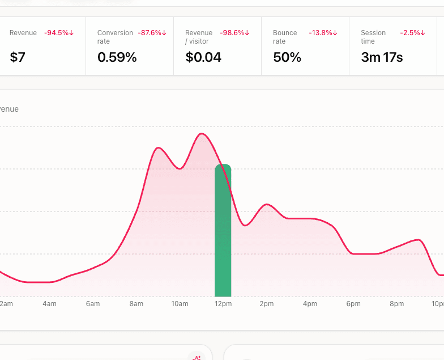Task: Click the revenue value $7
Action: click(18, 57)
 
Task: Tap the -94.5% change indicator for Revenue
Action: click(59, 33)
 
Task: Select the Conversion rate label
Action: click(115, 37)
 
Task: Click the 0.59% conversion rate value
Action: click(117, 57)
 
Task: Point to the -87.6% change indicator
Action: click(152, 33)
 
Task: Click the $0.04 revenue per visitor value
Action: click(203, 57)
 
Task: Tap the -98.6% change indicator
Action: click(234, 33)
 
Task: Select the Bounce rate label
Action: click(285, 37)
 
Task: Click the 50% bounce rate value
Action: click(287, 57)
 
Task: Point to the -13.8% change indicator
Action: click(323, 33)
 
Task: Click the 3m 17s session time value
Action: click(382, 57)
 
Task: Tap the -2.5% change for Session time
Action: click(412, 33)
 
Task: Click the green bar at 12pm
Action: click(223, 232)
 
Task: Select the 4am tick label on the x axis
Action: click(49, 304)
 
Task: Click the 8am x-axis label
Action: click(136, 304)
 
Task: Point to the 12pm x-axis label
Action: click(223, 304)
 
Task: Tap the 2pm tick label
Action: click(267, 304)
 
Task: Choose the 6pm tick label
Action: click(353, 304)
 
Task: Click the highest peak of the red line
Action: click(202, 134)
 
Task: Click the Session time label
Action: click(373, 37)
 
